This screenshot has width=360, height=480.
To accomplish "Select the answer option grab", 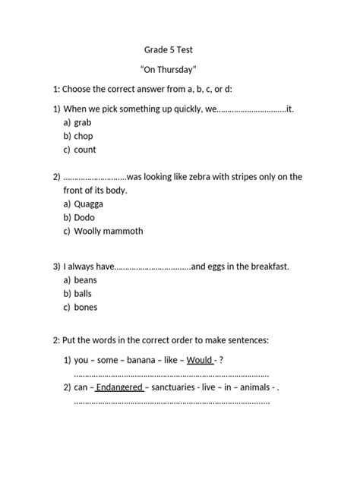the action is pyautogui.click(x=83, y=122).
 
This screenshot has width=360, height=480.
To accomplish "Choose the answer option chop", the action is pyautogui.click(x=84, y=136).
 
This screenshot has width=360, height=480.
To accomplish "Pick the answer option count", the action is pyautogui.click(x=85, y=150).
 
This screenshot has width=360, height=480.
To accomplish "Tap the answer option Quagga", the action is pyautogui.click(x=89, y=204).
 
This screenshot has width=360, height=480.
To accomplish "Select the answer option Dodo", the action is pyautogui.click(x=84, y=217).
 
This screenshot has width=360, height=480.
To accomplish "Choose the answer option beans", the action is pyautogui.click(x=86, y=280).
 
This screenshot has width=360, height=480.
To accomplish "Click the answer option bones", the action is pyautogui.click(x=86, y=307).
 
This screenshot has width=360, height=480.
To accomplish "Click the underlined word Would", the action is pyautogui.click(x=200, y=359).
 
